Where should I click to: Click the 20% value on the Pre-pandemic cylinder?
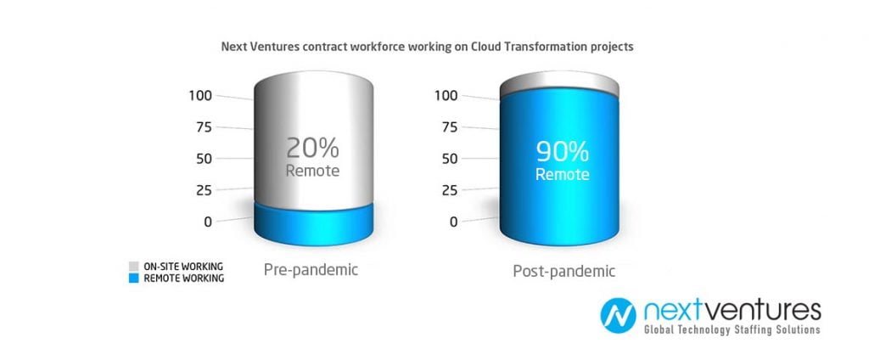point(312,148)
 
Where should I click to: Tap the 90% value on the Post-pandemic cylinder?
point(562,151)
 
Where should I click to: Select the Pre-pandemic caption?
point(311,270)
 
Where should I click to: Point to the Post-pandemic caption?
point(563,272)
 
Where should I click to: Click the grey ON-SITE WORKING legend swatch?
point(133,267)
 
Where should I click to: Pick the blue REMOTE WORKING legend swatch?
point(133,278)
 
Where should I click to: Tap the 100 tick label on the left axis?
point(200,95)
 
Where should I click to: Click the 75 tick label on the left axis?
point(205,127)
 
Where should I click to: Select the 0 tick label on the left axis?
point(209,222)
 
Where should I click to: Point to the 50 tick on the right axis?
point(450,159)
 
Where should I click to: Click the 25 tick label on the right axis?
point(450,190)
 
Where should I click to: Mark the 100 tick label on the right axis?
point(446,95)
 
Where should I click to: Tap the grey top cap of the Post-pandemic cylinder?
point(558,83)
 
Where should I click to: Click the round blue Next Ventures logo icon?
point(618,316)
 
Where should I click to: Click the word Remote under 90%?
point(562,174)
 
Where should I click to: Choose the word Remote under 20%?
point(312,171)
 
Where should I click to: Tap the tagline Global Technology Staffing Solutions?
point(732,329)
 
